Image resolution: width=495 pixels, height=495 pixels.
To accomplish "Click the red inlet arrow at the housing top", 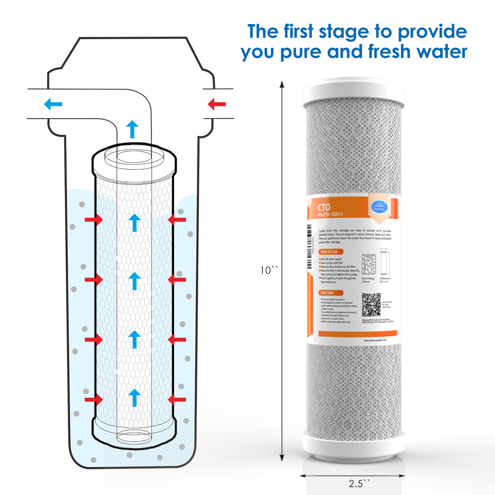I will coord(217,104).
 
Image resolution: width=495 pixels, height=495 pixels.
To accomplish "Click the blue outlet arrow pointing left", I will coord(53,104).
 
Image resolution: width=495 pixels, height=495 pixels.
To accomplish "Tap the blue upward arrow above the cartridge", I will coord(132,129).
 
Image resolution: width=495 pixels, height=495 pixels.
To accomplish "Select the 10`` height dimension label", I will coord(270,270).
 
